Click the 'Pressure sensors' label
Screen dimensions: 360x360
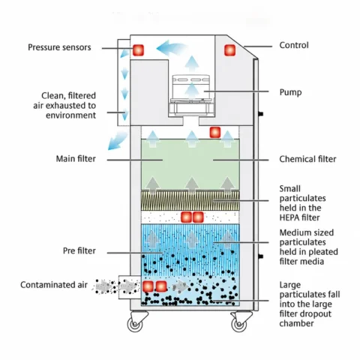point(59,47)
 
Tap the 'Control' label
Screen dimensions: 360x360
point(294,45)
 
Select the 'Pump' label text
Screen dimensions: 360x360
point(290,92)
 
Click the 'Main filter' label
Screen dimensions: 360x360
point(76,159)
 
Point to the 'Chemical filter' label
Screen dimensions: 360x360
point(307,159)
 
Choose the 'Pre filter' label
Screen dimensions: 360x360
point(79,250)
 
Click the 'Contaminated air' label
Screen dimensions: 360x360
point(54,285)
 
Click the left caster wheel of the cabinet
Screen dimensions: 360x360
point(136,324)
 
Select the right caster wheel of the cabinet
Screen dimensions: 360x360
point(239,324)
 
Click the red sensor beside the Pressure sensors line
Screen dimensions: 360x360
point(138,50)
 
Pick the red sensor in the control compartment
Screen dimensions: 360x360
point(229,50)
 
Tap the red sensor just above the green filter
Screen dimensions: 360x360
point(215,133)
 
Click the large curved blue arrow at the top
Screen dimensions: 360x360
point(170,48)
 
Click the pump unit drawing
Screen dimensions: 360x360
point(192,96)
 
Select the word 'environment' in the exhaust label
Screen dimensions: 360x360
point(70,115)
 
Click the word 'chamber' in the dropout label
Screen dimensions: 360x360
point(296,323)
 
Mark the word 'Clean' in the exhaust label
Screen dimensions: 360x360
point(52,96)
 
